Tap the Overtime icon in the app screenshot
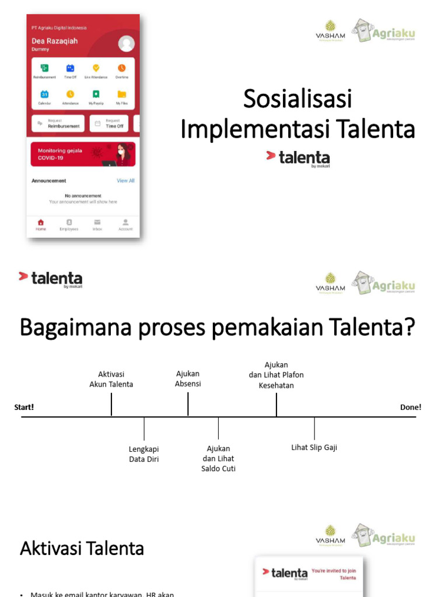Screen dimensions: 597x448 click(122, 68)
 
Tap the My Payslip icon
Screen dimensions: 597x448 click(96, 94)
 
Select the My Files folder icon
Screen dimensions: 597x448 click(121, 94)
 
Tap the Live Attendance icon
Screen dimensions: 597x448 click(96, 68)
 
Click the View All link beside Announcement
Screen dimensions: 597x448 click(125, 181)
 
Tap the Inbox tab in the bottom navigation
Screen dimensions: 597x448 click(97, 224)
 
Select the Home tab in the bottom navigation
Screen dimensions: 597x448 click(41, 224)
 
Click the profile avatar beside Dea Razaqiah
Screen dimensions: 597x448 click(126, 43)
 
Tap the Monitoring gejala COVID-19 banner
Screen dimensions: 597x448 click(83, 154)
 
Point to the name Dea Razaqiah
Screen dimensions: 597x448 click(54, 41)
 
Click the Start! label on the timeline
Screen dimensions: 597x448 click(24, 407)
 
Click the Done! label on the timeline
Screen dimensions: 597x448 click(411, 407)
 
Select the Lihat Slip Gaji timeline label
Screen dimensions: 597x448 click(314, 448)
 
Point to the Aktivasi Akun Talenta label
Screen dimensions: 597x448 click(111, 379)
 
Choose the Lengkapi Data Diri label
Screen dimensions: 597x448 click(144, 454)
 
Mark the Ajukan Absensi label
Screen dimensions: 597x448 click(188, 378)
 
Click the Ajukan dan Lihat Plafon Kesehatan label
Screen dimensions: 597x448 click(276, 375)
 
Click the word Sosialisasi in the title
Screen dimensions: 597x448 click(297, 99)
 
